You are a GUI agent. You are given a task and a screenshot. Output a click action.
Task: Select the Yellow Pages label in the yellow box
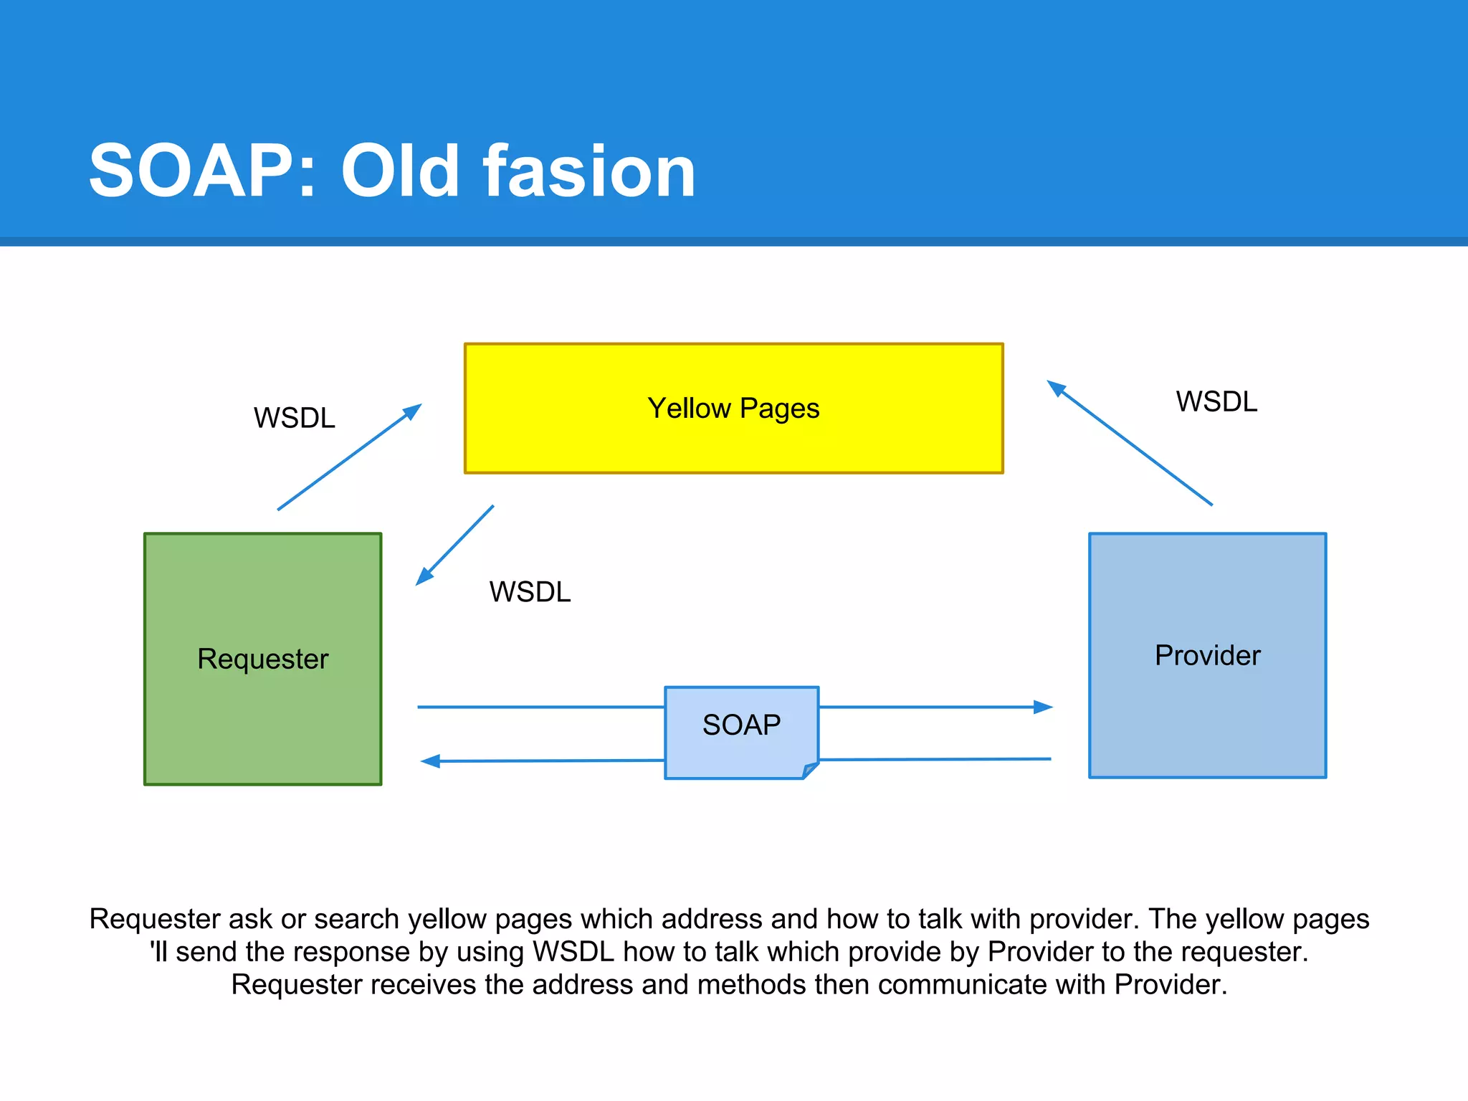[733, 409]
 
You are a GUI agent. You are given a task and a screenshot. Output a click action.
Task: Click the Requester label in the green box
[262, 659]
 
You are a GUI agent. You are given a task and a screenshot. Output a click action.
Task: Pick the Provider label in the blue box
[1207, 655]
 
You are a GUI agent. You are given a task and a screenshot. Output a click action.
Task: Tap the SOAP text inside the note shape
[741, 725]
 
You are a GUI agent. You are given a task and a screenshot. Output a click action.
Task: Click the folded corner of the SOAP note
[810, 771]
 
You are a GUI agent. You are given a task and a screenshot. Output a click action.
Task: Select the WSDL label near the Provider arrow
[1216, 401]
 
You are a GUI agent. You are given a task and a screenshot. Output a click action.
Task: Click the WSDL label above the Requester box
[294, 418]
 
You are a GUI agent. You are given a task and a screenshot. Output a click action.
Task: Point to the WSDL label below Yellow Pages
[530, 592]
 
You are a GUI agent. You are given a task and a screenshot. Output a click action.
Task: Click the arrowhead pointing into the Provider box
[1044, 707]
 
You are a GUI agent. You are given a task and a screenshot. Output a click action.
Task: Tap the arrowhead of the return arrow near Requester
[430, 761]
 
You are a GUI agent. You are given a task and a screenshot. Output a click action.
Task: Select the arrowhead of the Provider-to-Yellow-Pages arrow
[1056, 388]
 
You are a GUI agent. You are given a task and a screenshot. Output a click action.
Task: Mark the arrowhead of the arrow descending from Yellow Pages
[424, 577]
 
